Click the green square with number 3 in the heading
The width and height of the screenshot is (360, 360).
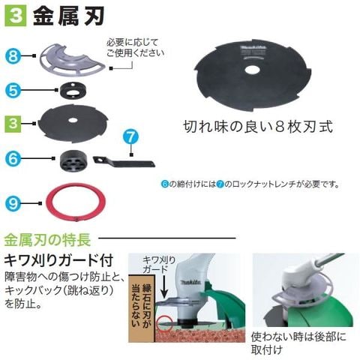click(15, 16)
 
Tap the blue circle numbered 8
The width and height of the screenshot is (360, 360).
click(13, 55)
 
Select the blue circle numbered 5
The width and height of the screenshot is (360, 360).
click(13, 91)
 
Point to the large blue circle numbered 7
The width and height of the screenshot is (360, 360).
click(131, 137)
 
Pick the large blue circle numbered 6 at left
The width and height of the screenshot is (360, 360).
click(13, 157)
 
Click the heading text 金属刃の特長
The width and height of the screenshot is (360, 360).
click(47, 239)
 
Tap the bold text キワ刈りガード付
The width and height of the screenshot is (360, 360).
click(59, 260)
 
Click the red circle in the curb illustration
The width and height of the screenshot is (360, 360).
click(164, 323)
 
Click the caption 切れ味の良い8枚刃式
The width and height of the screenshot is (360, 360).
click(259, 127)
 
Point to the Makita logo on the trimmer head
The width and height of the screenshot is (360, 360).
click(190, 283)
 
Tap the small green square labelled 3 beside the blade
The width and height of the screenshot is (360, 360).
click(13, 124)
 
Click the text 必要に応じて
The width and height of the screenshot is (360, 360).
click(133, 42)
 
